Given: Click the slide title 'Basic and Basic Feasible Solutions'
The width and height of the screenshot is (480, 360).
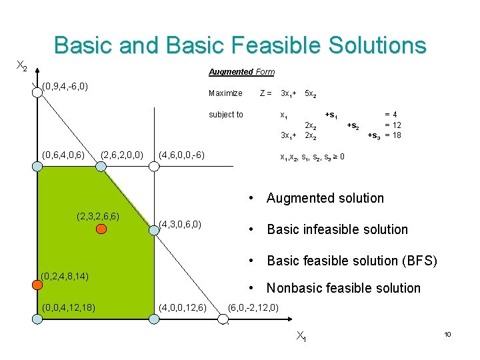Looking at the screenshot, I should [x=239, y=45].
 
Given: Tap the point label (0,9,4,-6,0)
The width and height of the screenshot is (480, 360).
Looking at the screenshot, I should [x=65, y=86].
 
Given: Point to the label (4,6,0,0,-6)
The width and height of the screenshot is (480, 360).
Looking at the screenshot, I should [x=181, y=155].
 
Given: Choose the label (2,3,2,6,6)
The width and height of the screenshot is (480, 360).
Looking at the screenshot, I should [x=98, y=216].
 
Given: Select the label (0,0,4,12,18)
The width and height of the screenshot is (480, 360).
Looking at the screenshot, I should [x=67, y=307].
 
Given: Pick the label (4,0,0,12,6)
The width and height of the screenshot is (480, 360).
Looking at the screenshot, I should [x=184, y=307].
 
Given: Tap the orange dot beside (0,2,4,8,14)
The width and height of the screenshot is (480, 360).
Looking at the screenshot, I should [x=37, y=285].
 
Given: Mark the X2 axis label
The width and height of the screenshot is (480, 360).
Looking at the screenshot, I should [x=21, y=66].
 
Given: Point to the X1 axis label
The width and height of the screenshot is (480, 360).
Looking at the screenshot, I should [x=301, y=337].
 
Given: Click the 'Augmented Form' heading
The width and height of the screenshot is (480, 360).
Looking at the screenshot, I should [x=241, y=72].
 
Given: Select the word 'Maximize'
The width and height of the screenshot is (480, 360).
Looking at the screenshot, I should [x=225, y=93].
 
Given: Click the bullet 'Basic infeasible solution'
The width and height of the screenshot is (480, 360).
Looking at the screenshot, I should [x=337, y=229].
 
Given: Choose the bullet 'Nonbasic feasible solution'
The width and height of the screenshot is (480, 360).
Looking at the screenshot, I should [x=343, y=288].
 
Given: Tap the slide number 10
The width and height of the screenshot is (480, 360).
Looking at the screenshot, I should [x=447, y=334].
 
